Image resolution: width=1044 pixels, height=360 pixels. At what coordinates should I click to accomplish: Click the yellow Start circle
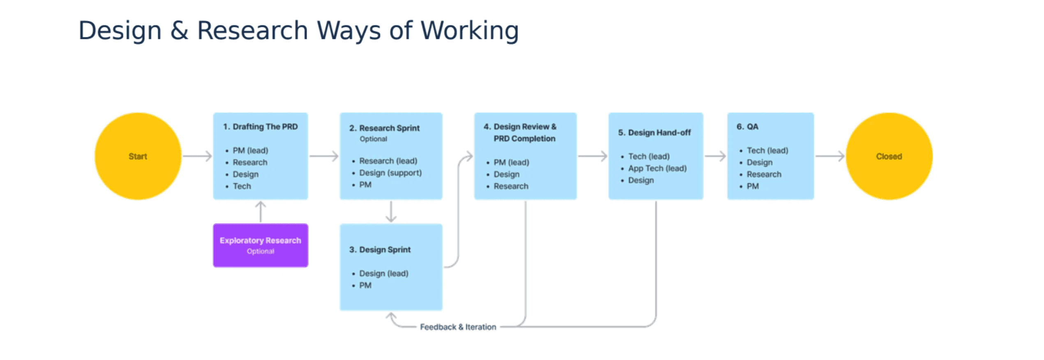138,156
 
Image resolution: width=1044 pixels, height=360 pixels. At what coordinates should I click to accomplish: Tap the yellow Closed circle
889,156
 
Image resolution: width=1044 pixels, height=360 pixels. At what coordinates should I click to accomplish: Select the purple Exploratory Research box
260,245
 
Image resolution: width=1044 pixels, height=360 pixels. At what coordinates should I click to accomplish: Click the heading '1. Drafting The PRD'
260,127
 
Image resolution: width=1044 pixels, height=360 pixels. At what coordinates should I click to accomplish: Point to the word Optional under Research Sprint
373,139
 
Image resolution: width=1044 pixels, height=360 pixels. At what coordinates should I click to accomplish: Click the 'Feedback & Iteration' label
458,327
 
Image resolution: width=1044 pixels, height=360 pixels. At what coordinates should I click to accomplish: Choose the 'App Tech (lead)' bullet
657,168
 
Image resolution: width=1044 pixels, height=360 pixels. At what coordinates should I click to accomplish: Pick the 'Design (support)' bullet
390,173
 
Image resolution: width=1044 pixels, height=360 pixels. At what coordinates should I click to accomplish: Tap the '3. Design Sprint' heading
380,249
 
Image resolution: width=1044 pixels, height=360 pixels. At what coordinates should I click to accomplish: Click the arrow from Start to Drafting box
197,156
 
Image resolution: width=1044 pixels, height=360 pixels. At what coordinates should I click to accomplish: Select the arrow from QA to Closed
829,156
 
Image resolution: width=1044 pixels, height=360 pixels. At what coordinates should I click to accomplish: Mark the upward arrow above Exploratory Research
260,211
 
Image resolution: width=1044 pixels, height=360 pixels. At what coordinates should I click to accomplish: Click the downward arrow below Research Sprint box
391,211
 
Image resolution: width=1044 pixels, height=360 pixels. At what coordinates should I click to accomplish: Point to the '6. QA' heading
747,127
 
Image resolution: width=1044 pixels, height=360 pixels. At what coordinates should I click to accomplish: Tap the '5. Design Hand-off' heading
654,133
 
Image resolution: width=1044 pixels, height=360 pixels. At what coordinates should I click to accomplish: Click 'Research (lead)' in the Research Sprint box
388,161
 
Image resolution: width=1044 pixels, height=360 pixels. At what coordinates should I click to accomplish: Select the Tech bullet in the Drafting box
242,186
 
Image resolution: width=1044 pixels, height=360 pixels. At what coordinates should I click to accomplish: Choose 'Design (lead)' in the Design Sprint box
383,273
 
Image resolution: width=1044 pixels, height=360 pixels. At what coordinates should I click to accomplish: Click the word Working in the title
469,30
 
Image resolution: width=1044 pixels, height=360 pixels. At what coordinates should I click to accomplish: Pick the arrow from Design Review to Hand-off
592,156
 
